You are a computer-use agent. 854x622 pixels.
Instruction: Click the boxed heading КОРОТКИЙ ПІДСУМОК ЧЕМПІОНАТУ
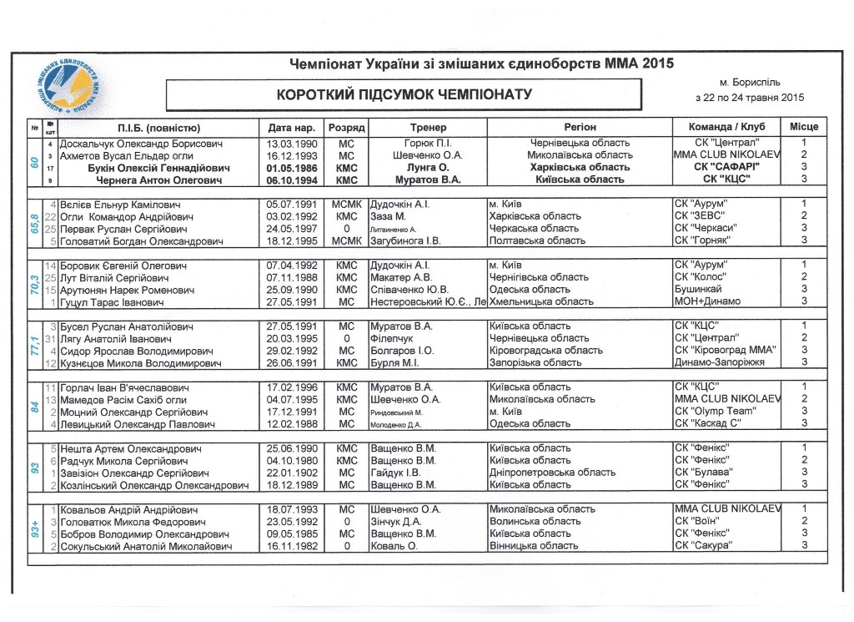(x=404, y=94)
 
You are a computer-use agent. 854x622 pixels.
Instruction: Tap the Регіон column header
(x=580, y=128)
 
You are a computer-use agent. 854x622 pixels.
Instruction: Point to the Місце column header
(x=803, y=128)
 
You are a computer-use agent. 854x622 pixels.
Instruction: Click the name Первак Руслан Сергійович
(x=125, y=229)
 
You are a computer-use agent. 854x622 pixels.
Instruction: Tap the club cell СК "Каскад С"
(x=710, y=424)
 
